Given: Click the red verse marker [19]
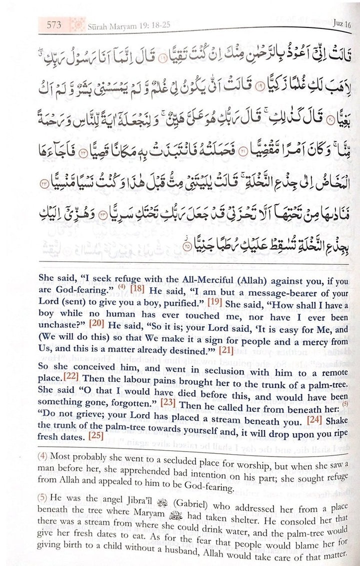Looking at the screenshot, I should (214, 303).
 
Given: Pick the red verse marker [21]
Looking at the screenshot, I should (226, 350).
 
